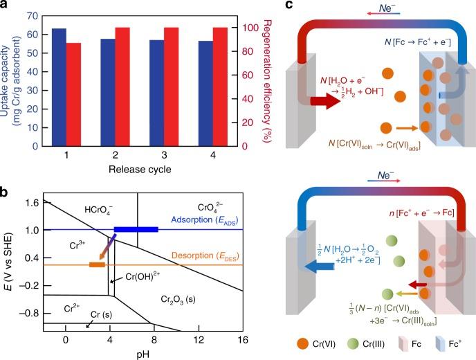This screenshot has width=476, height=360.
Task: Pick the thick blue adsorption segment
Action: [136, 229]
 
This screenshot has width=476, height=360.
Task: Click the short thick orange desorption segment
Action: [97, 264]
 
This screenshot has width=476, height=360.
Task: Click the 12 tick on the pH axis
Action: [199, 341]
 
